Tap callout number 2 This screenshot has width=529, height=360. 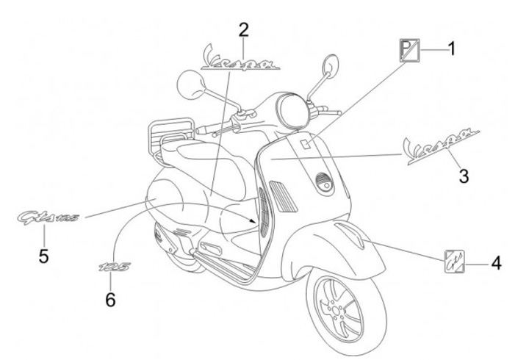coord(243,29)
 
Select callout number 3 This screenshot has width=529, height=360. coord(464,176)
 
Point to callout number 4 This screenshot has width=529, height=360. coord(496,262)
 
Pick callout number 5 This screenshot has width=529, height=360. coord(43,256)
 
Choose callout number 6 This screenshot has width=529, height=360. coord(110,299)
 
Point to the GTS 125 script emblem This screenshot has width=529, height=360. coord(48,218)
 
